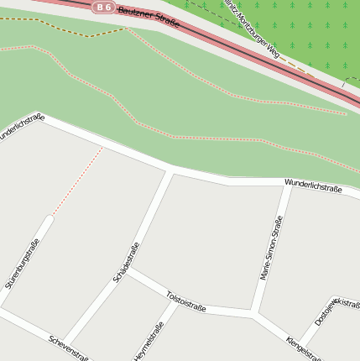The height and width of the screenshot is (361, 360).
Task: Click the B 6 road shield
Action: pyautogui.click(x=103, y=7)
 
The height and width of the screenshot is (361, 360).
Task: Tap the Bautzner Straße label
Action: pyautogui.click(x=149, y=16)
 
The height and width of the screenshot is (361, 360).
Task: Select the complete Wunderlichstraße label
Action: pyautogui.click(x=313, y=186)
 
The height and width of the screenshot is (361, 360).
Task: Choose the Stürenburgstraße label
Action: pyautogui.click(x=22, y=264)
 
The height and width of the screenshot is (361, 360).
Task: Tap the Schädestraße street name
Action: pyautogui.click(x=126, y=262)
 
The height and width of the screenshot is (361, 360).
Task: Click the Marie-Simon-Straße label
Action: pyautogui.click(x=271, y=248)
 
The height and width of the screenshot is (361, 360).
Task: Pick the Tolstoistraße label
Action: pyautogui.click(x=185, y=301)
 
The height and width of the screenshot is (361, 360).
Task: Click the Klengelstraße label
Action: pyautogui.click(x=304, y=348)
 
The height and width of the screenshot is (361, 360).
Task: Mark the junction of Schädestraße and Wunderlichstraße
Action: pyautogui.click(x=171, y=170)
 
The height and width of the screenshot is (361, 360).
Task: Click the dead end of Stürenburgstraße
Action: pyautogui.click(x=49, y=219)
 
